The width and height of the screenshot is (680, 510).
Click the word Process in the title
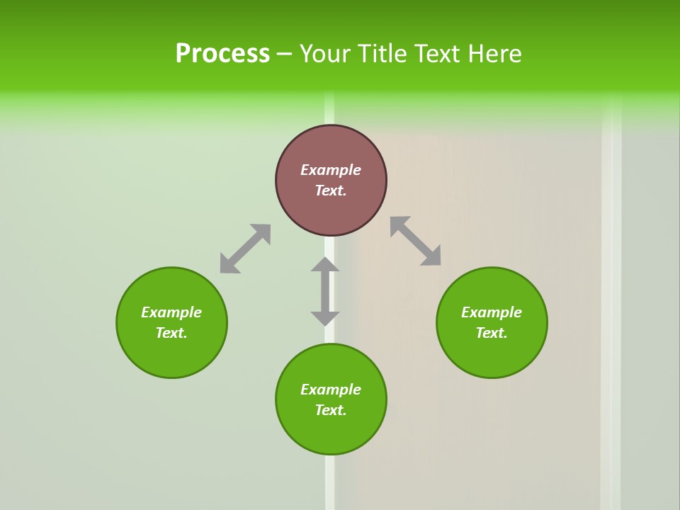coord(222,54)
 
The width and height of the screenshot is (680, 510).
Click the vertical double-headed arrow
coord(325,291)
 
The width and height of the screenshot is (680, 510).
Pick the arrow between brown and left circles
coord(245,249)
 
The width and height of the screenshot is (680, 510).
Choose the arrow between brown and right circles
coord(416,241)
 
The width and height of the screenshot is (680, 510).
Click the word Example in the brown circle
coord(331,170)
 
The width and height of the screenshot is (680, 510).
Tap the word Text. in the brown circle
coord(331,191)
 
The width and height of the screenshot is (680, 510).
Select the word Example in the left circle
coord(171,312)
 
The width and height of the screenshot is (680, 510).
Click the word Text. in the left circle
coord(171,333)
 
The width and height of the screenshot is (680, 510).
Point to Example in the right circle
coord(492,312)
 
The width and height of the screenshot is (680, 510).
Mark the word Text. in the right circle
coord(492,333)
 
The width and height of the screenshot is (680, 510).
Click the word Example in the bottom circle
coord(331,390)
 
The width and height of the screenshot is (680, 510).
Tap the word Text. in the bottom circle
coord(331,410)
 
